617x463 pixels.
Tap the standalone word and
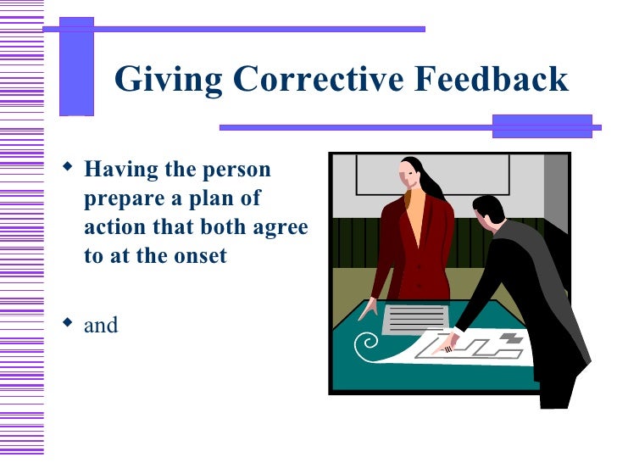click(x=101, y=325)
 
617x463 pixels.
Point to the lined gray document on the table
click(x=414, y=319)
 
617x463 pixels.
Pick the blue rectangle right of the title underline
click(x=542, y=126)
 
